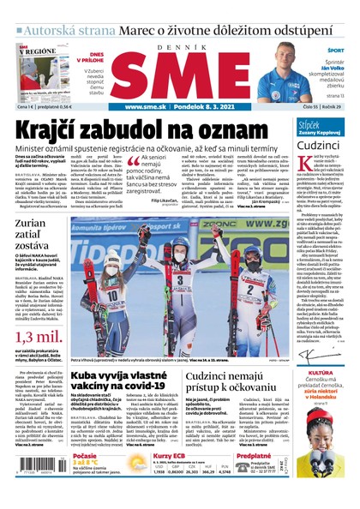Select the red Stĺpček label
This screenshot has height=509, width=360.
[309, 123]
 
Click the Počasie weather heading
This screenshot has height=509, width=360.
[87, 458]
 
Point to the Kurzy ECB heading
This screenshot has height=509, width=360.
[170, 458]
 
